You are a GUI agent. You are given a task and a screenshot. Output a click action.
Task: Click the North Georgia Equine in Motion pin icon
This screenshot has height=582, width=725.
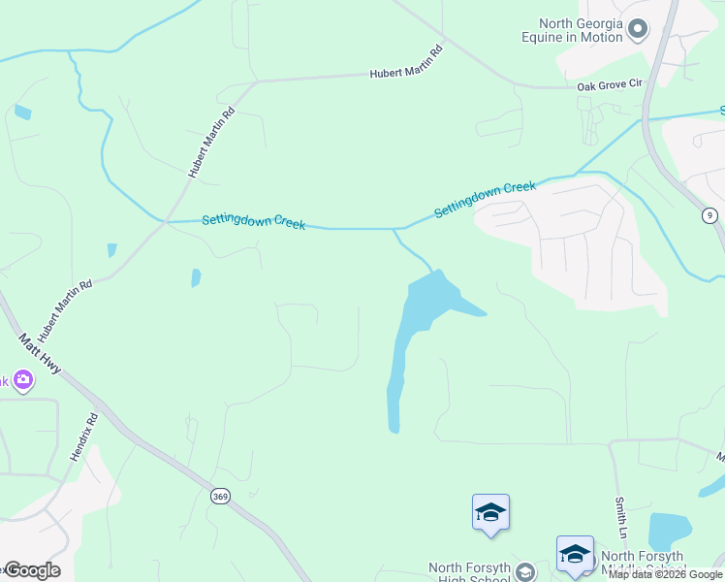(x=637, y=30)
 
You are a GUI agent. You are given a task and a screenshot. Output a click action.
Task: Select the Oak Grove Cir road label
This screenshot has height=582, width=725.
(x=610, y=84)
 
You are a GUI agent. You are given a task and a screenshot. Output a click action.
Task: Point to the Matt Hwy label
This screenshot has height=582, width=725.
(x=40, y=355)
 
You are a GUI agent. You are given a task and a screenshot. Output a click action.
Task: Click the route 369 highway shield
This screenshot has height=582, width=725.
(x=219, y=496)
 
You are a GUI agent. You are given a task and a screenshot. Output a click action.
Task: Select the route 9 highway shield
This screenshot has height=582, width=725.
(x=710, y=214)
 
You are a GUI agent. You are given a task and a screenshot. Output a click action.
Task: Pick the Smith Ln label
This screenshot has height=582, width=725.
(x=620, y=519)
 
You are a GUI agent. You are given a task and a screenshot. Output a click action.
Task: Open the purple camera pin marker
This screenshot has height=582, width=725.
(x=22, y=380)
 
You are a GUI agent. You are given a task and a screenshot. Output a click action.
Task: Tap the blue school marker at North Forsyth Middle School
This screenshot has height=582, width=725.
(x=575, y=553)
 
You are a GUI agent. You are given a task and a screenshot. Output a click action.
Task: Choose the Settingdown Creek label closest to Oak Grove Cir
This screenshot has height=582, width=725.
(x=485, y=197)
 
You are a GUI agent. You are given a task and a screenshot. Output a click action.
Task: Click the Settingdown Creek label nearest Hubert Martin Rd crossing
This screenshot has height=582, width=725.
(x=253, y=222)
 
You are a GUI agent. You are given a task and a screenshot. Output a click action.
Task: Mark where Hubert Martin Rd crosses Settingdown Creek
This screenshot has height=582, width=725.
(x=166, y=222)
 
